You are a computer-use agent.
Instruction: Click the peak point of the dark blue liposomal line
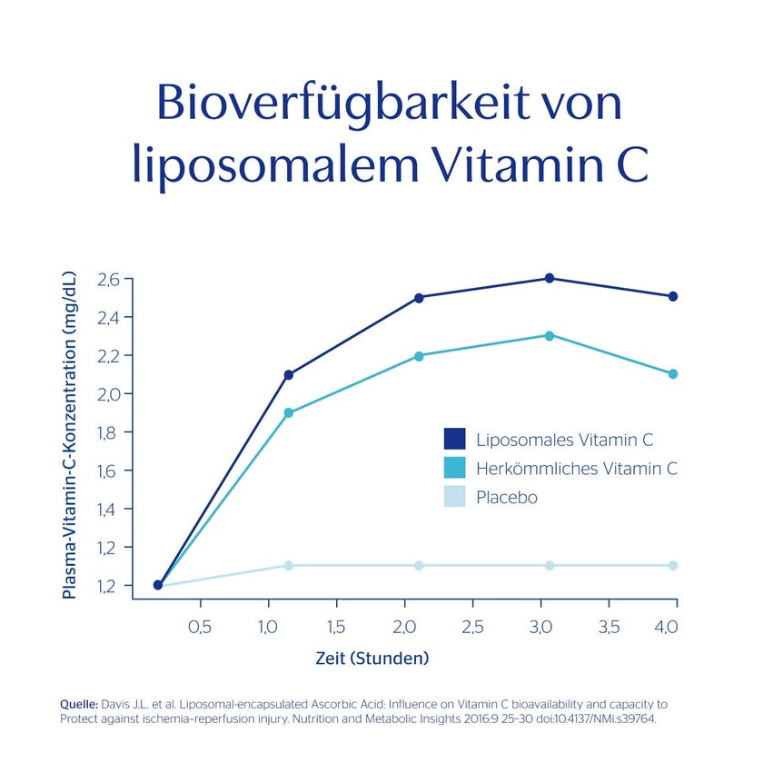pyautogui.click(x=550, y=278)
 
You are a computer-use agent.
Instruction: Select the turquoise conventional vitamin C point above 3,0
pyautogui.click(x=550, y=336)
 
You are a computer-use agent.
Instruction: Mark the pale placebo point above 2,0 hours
pyautogui.click(x=419, y=565)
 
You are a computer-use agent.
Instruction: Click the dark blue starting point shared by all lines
pyautogui.click(x=158, y=585)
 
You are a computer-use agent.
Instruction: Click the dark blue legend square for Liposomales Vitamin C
pyautogui.click(x=454, y=439)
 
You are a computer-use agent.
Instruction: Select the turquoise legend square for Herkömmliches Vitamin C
pyautogui.click(x=454, y=468)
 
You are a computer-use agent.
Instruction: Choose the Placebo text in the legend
pyautogui.click(x=507, y=498)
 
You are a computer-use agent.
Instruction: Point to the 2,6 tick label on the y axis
pyautogui.click(x=108, y=280)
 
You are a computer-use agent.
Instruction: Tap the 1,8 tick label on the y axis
pyautogui.click(x=107, y=432)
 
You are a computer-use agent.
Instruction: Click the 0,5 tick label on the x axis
pyautogui.click(x=200, y=627)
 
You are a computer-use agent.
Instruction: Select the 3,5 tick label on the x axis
pyautogui.click(x=609, y=627)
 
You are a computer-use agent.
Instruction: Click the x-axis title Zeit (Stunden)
pyautogui.click(x=372, y=659)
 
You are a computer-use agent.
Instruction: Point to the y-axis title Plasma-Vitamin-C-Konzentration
pyautogui.click(x=69, y=434)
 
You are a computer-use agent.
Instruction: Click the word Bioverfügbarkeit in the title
pyautogui.click(x=343, y=104)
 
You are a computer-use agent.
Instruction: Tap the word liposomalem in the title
pyautogui.click(x=275, y=164)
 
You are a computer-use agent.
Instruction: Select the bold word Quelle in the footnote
pyautogui.click(x=79, y=704)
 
